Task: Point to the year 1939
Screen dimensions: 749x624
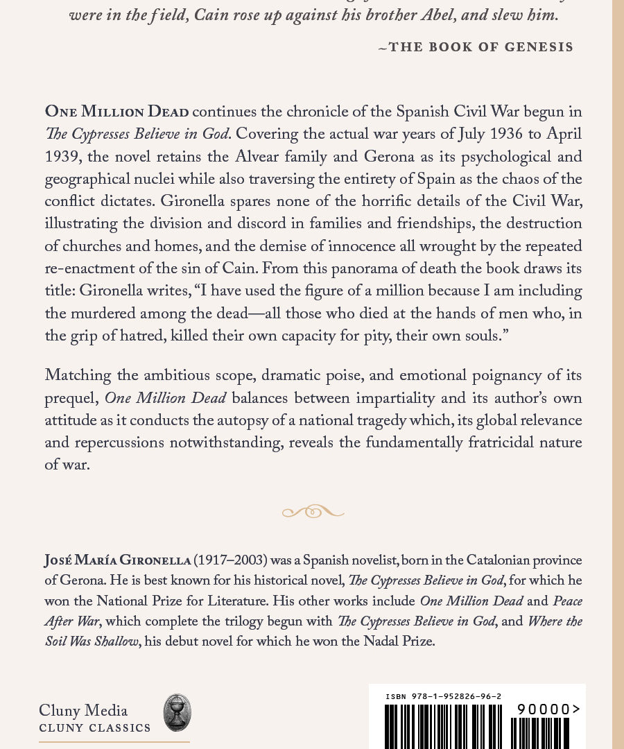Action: click(x=62, y=157)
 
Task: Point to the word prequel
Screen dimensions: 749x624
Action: click(x=71, y=398)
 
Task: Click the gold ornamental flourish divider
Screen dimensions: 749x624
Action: click(x=313, y=512)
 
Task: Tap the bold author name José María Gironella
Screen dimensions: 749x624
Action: click(x=116, y=560)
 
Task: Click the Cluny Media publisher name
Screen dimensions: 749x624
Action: click(x=83, y=710)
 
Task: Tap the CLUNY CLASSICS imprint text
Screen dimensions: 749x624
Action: click(x=95, y=728)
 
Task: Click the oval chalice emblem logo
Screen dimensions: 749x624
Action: click(x=177, y=712)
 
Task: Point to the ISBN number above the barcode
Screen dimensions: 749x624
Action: click(x=444, y=696)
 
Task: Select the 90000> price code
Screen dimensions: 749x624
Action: click(x=548, y=709)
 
